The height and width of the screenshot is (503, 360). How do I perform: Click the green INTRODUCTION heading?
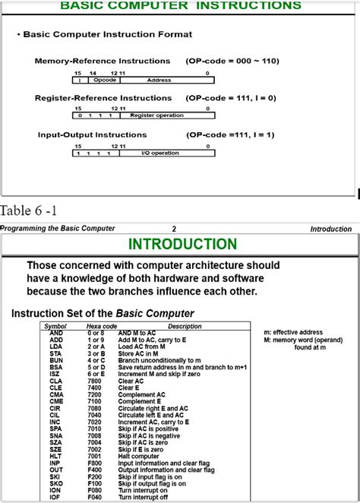[182, 244]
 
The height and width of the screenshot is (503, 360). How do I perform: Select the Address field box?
[159, 79]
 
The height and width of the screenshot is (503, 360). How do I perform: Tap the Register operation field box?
[156, 115]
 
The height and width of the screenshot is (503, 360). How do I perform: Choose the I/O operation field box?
[160, 153]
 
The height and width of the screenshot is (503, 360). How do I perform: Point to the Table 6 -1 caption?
[29, 210]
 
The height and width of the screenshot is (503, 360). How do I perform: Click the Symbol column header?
[55, 326]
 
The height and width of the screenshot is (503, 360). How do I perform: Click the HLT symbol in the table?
[55, 456]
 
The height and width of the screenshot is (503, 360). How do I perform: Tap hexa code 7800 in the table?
[95, 381]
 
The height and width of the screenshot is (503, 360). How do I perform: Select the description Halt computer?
[144, 456]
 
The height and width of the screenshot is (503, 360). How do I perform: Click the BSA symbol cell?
[55, 367]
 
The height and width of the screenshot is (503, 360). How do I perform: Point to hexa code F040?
[95, 497]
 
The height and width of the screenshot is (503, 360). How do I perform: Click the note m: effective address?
[292, 333]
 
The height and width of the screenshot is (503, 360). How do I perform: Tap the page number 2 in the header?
[174, 228]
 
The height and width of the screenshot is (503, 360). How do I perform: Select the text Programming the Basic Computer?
[58, 228]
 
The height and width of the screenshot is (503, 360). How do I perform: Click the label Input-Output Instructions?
[93, 134]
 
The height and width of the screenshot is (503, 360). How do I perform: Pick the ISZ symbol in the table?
[55, 374]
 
